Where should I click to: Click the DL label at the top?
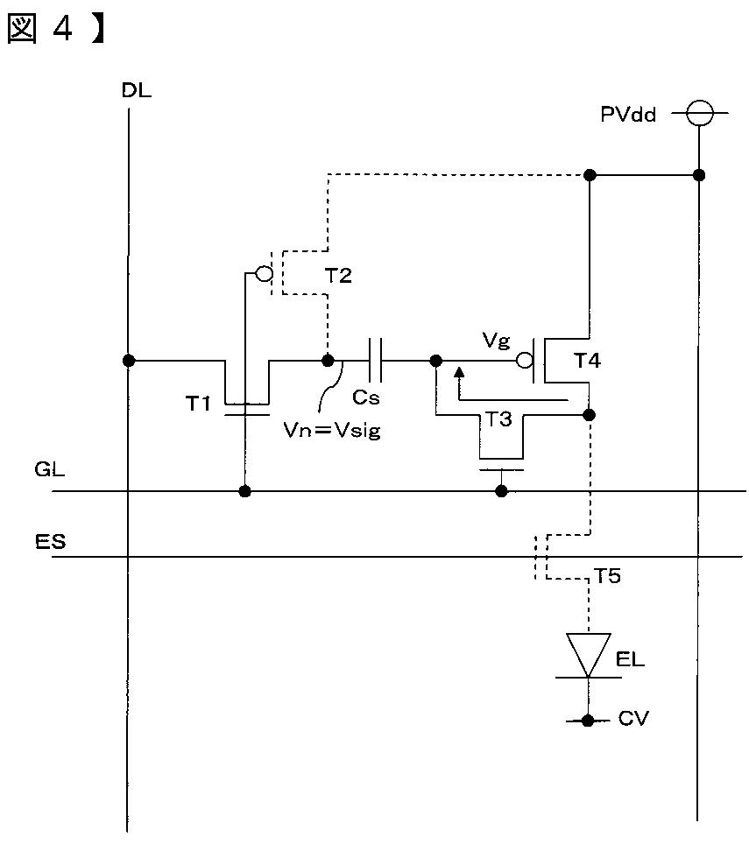tap(137, 90)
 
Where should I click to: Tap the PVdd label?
tap(628, 114)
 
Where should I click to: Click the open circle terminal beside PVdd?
tap(699, 113)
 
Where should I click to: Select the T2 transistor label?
tap(338, 276)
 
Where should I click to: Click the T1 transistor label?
tap(198, 403)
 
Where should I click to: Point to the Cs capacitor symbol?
tap(375, 360)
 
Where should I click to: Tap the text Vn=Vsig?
tap(332, 430)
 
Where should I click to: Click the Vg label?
tap(496, 341)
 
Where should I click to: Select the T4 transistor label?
tap(587, 360)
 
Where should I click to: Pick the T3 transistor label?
tap(498, 418)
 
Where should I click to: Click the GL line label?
tap(50, 469)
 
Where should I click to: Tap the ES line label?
tap(50, 541)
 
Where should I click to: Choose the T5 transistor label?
tap(607, 576)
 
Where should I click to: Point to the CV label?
tap(633, 718)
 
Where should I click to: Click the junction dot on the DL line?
tap(129, 360)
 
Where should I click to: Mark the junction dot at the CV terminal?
tap(588, 721)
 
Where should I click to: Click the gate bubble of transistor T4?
tap(524, 360)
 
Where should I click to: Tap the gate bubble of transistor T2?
tap(264, 273)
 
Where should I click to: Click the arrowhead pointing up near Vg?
tap(459, 372)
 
